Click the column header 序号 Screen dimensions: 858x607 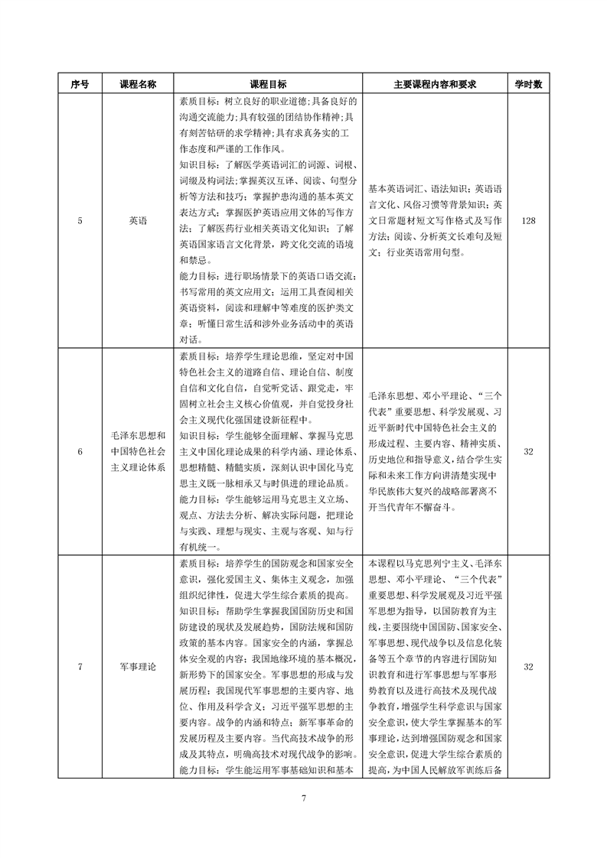80,84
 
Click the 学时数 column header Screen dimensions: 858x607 527,84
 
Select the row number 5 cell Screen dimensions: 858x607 80,221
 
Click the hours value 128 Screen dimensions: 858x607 527,221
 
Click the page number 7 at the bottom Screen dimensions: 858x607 304,798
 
